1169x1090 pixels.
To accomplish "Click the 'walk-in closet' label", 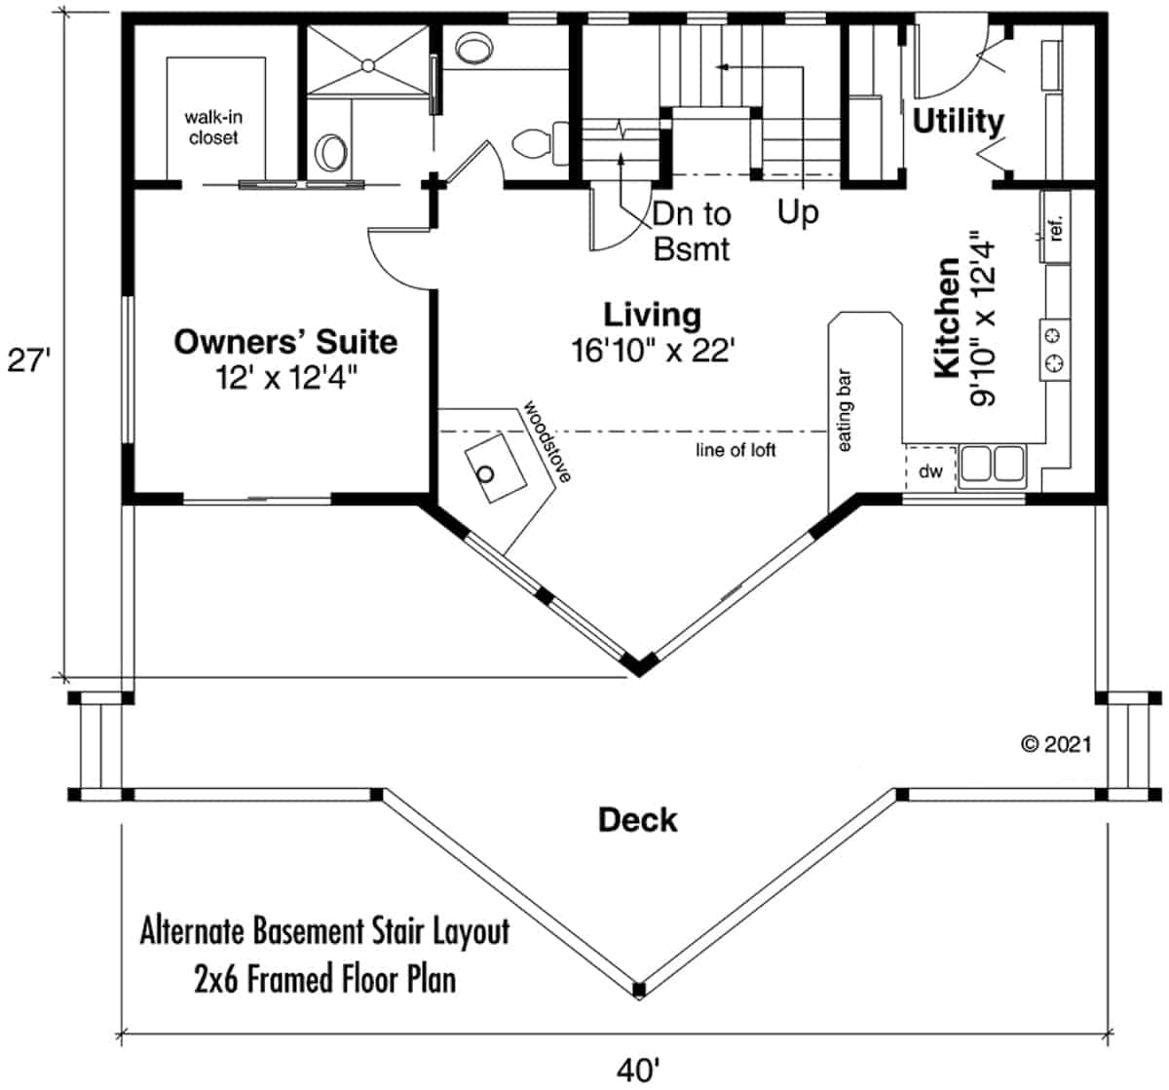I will [213, 128].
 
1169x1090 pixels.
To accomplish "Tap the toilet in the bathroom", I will [535, 142].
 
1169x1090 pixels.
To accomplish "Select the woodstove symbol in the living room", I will [491, 470].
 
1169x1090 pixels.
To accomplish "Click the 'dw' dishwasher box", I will [931, 471].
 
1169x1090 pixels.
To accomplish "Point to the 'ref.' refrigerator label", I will [1057, 228].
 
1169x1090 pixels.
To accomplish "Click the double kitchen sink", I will [992, 464].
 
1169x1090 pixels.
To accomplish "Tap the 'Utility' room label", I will [958, 122].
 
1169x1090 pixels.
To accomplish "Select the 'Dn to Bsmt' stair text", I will [691, 231].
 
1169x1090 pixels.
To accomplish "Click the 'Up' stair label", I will [798, 211].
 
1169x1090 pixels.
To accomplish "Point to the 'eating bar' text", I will [844, 410].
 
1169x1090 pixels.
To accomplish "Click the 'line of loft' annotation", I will [735, 450].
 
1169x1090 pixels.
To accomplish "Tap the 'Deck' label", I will [637, 820].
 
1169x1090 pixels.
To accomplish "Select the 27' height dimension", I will [28, 360].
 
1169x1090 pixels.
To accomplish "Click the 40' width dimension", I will [638, 1069].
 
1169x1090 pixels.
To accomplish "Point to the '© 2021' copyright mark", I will [1056, 744].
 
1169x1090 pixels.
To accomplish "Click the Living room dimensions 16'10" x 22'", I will [652, 351].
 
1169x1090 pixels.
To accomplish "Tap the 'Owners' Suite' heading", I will [285, 342].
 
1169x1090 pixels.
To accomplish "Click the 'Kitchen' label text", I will [947, 319].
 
